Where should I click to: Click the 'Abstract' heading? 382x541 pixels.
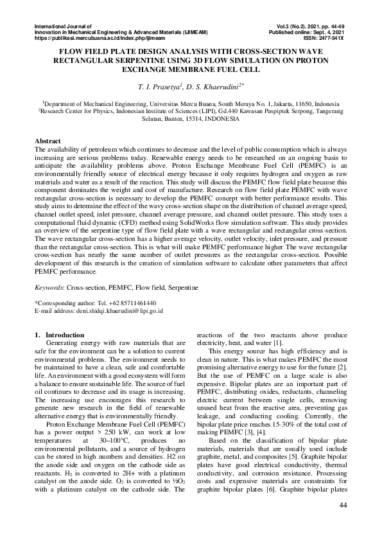tap(49, 140)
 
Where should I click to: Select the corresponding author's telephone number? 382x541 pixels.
tap(132, 302)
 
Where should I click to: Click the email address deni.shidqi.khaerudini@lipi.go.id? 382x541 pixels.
tap(117, 310)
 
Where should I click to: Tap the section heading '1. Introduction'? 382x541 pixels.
tap(58, 335)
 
